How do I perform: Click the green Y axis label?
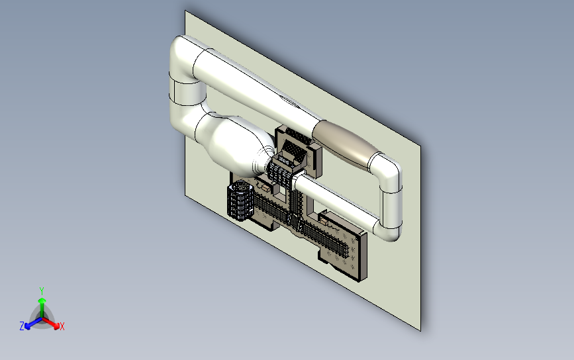coord(42,291)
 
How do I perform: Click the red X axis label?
coord(62,326)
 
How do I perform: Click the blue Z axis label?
coord(22,326)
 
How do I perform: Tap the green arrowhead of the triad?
coord(42,300)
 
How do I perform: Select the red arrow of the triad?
coord(50,323)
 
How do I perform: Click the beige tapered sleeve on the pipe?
coord(345,144)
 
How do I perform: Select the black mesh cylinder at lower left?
coord(240,200)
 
